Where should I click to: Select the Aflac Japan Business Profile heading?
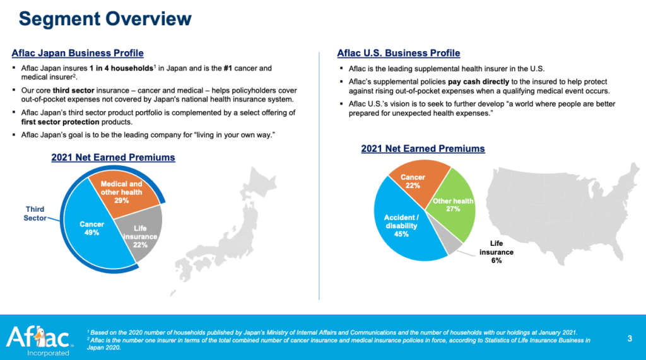78,53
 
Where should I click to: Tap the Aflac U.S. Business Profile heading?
399,53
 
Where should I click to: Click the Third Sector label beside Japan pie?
35,213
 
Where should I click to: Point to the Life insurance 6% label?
496,251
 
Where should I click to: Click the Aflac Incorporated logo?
38,339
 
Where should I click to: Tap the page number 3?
630,339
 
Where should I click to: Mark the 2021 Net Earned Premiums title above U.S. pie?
423,149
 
